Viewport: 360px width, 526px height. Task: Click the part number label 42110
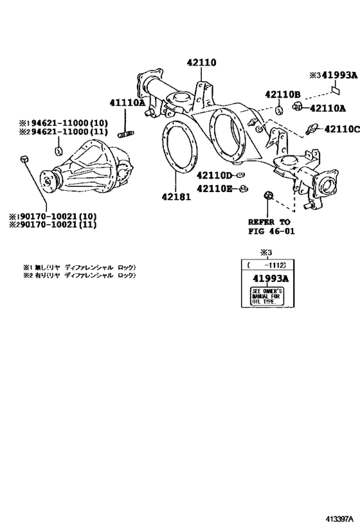pos(201,63)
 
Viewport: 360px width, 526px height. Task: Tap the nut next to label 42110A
pos(298,107)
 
